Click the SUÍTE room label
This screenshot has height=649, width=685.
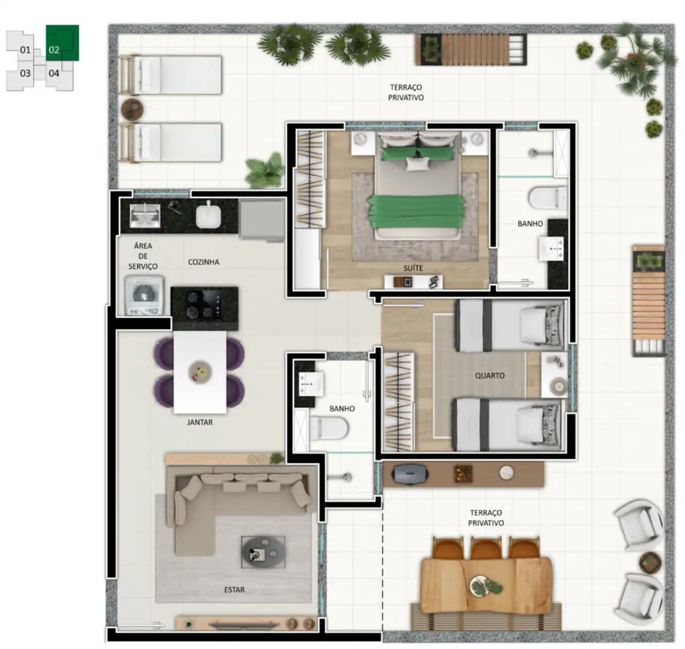(413, 268)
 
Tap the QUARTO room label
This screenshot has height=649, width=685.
(490, 375)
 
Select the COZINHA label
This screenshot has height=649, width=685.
(203, 262)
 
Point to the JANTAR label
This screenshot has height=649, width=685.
(200, 422)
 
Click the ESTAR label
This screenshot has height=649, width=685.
(234, 590)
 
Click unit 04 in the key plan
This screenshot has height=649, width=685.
(54, 73)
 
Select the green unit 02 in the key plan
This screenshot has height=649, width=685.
(63, 43)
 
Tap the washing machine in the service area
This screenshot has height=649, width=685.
(144, 295)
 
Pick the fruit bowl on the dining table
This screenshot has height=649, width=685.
(200, 372)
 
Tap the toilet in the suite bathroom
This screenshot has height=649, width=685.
(547, 198)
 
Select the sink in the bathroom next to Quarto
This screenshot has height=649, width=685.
(311, 384)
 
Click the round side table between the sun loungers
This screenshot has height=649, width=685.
(132, 109)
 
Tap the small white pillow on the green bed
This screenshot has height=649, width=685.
(418, 163)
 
